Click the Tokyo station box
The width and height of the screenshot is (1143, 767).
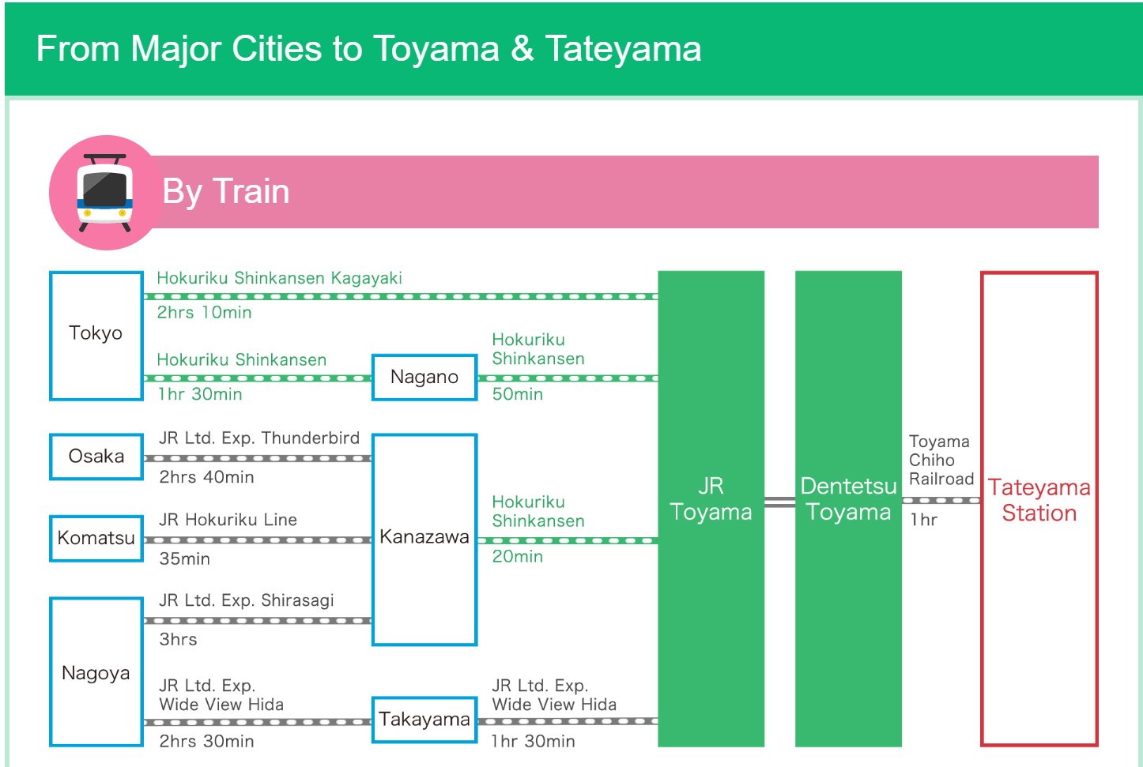tap(96, 336)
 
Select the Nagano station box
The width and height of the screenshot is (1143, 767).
tap(424, 378)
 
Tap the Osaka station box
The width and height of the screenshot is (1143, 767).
tap(96, 457)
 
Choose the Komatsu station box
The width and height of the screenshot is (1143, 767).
tap(96, 538)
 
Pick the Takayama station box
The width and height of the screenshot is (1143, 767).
tap(424, 720)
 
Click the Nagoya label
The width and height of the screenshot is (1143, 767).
tap(96, 673)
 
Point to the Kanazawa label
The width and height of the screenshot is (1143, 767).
tap(424, 536)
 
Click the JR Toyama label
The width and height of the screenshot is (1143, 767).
tap(711, 498)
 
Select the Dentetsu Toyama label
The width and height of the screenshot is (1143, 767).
tap(848, 498)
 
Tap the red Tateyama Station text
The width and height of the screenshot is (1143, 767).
tap(1039, 500)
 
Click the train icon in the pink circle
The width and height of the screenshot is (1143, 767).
tap(104, 193)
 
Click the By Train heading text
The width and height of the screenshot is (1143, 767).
tap(226, 192)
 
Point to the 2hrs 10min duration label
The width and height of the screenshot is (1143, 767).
tap(204, 312)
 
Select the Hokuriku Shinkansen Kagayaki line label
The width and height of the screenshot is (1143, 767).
tap(279, 278)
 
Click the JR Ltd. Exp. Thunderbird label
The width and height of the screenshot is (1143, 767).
tap(259, 438)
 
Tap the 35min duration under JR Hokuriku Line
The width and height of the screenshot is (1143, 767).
tap(185, 558)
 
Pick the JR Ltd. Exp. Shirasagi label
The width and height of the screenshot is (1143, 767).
tap(247, 600)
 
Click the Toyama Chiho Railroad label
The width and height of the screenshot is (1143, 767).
tap(941, 460)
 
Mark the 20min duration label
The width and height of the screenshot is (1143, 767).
tap(518, 556)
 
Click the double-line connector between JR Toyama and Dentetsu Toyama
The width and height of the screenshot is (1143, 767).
tap(779, 502)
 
